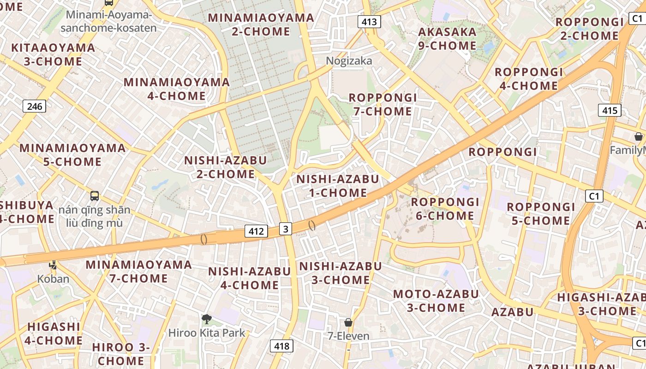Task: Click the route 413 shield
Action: tap(369, 21)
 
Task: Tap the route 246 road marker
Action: tap(35, 107)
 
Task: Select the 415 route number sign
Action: tap(610, 110)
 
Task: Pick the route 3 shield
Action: tap(286, 228)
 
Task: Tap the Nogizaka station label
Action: tap(349, 61)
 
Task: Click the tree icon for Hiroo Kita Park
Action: tap(207, 319)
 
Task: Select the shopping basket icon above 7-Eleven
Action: tap(348, 322)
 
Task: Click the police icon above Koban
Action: tap(54, 265)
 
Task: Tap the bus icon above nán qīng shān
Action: tap(95, 196)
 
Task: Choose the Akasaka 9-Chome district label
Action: tap(447, 39)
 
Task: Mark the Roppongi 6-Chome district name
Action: tap(445, 209)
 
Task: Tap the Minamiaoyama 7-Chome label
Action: tap(138, 271)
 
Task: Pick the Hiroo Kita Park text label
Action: tap(207, 333)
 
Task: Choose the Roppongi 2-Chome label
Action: tap(589, 29)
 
